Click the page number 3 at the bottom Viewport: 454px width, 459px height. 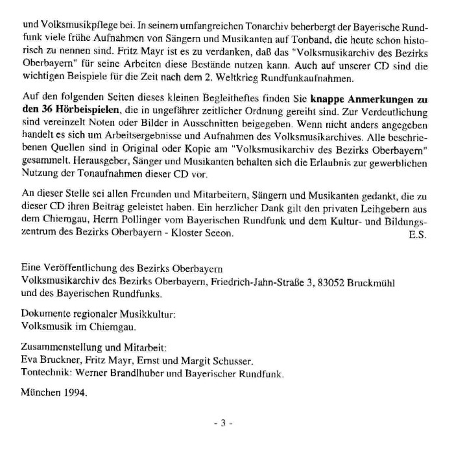[x=222, y=423]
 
